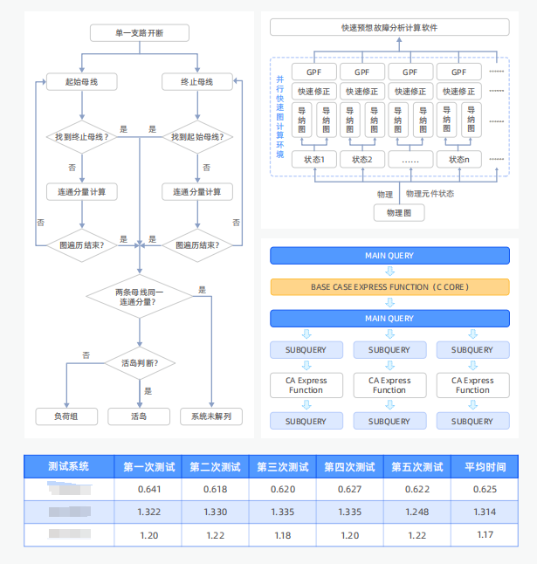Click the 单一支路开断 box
point(139,33)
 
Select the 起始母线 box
point(81,82)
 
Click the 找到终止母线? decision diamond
point(81,136)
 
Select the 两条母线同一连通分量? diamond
point(139,295)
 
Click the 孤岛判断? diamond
point(139,362)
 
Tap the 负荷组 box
point(67,416)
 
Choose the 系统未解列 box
point(210,416)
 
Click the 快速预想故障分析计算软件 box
point(389,28)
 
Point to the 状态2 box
point(362,160)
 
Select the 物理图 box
point(399,213)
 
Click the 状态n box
point(459,160)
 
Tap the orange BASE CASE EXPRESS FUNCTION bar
point(389,287)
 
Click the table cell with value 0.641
point(150,489)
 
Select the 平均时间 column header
point(485,466)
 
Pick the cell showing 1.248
point(417,512)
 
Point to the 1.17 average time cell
point(485,534)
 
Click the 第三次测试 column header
point(282,466)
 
